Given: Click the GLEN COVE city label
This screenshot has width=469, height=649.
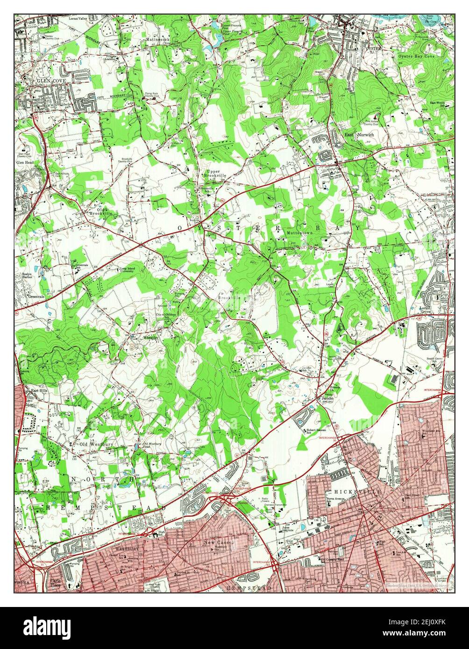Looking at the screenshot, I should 51,81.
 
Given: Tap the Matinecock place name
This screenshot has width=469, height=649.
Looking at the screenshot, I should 156,41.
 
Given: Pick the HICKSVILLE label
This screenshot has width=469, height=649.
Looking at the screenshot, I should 351,492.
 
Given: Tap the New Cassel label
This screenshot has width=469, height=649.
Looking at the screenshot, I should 220,543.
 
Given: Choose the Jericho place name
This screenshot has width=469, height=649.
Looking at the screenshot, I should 327,398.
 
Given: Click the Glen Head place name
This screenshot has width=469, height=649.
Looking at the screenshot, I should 25,162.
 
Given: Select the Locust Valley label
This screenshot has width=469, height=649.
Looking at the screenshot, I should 78,19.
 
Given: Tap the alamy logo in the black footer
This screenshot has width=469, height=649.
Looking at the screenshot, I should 48,626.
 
